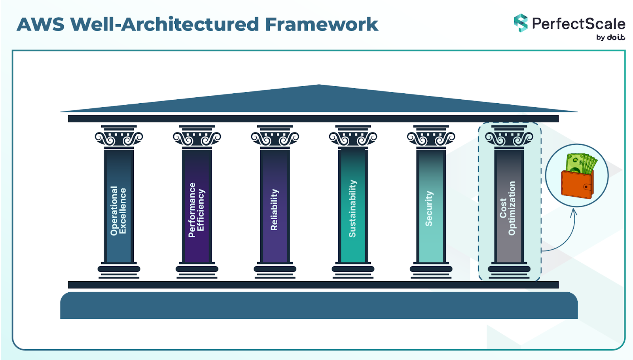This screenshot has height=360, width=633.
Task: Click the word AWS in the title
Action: [x=40, y=25]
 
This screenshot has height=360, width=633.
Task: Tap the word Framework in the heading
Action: [x=321, y=25]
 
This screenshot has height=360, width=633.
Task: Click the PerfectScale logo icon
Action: [x=521, y=23]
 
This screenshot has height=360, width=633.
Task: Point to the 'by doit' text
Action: [x=610, y=37]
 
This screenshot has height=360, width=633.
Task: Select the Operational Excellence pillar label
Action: [x=118, y=211]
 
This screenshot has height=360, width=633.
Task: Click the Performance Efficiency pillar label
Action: [x=196, y=210]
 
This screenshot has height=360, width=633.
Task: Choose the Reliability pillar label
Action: [x=274, y=210]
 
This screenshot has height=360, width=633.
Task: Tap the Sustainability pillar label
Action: [x=352, y=209]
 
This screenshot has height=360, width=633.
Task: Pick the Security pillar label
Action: [x=429, y=209]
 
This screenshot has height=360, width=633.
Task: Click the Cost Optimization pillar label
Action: [x=508, y=208]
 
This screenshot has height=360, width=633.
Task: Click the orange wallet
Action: [x=576, y=184]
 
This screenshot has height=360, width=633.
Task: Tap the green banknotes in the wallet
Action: [x=581, y=163]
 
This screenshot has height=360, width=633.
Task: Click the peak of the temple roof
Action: [x=319, y=86]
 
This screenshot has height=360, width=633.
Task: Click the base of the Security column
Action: [x=431, y=270]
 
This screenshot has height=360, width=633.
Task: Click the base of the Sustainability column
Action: [x=353, y=270]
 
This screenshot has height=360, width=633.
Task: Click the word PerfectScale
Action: [x=578, y=24]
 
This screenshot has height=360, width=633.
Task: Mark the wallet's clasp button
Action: [x=586, y=187]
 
